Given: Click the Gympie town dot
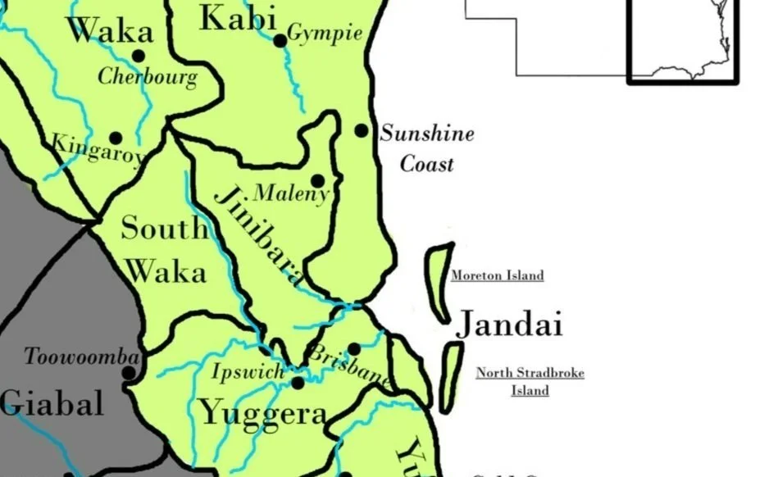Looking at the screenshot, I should [280, 40].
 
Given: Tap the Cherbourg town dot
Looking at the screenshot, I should [139, 56].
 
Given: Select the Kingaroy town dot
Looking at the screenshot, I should [116, 139].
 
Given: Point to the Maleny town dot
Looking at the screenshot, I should [317, 181].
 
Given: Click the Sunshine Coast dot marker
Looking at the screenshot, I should [361, 130].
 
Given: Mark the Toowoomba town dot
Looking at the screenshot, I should [129, 373].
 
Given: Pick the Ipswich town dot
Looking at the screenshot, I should [298, 383].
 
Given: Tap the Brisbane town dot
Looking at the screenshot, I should [354, 349].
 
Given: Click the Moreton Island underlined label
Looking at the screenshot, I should [497, 275].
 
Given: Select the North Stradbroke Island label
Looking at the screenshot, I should [530, 382].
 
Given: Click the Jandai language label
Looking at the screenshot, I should [509, 325].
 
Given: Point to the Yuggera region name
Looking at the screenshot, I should [263, 413].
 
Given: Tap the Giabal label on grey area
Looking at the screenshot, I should [52, 403].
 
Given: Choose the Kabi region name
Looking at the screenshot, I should [238, 18].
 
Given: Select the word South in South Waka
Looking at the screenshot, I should [164, 228].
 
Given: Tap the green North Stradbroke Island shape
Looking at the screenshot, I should [451, 376].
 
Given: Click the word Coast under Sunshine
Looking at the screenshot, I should [426, 164].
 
